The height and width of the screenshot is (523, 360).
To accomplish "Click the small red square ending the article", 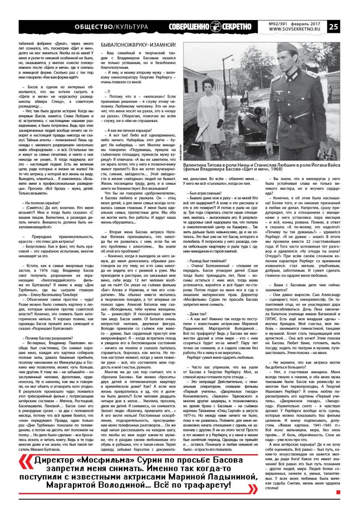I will [x=338, y=492].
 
